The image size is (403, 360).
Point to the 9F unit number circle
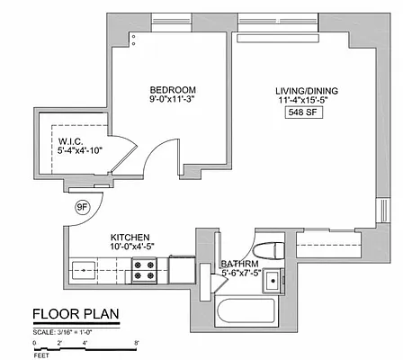point(83,208)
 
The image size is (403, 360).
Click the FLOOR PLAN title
point(76,315)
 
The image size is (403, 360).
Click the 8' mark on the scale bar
point(136,343)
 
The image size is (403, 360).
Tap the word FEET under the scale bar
point(42,355)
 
